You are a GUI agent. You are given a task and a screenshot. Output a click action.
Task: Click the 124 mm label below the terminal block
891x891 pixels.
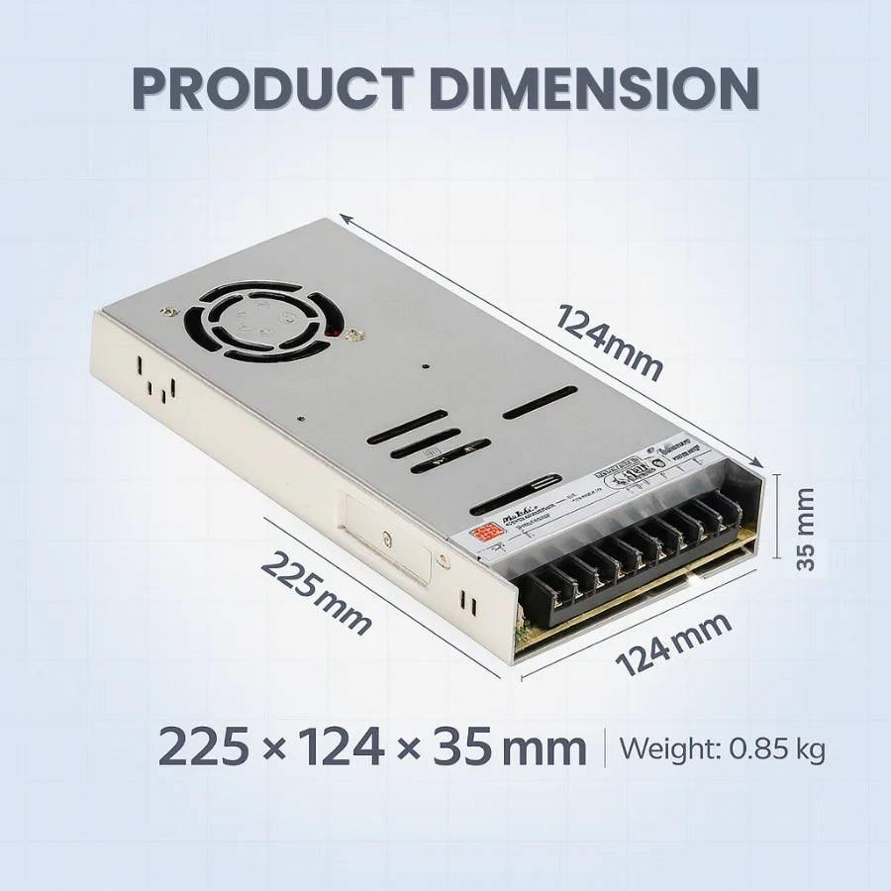click(674, 643)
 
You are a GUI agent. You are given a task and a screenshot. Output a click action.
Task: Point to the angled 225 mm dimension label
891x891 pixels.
click(316, 592)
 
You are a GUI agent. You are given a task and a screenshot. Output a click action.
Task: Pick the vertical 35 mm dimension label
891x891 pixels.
click(807, 528)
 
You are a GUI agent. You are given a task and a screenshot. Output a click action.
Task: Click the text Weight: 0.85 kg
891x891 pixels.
click(722, 748)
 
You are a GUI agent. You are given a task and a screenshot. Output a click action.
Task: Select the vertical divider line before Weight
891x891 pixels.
click(604, 747)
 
